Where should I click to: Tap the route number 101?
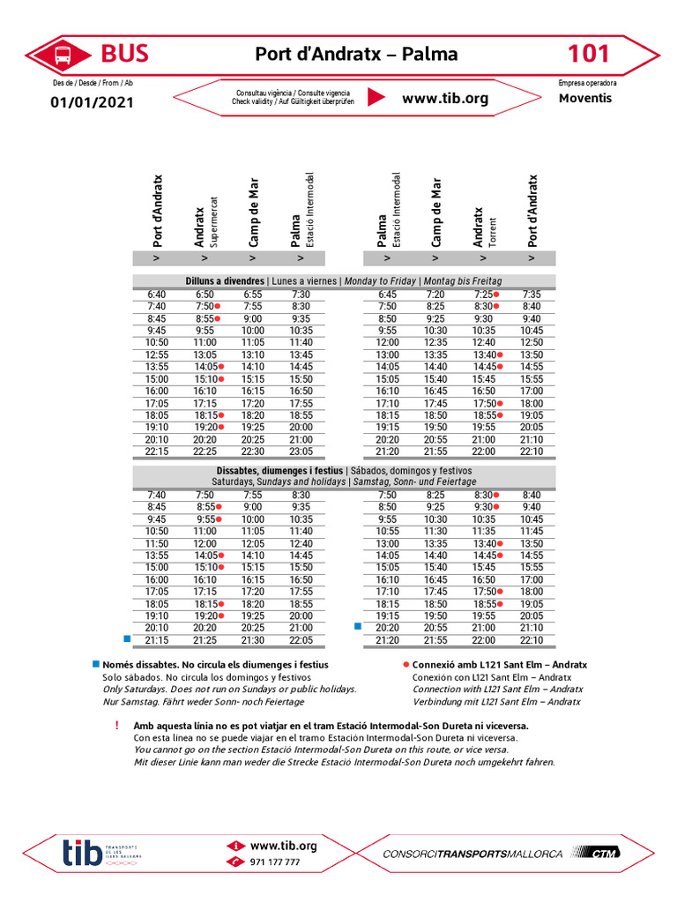[x=588, y=54]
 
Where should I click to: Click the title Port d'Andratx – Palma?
[x=356, y=54]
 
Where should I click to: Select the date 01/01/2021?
[x=92, y=102]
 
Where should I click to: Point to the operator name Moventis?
[x=584, y=98]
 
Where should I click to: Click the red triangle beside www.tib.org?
[x=376, y=98]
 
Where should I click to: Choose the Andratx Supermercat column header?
[x=205, y=220]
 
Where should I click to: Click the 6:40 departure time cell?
[x=156, y=295]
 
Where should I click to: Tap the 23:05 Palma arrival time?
[x=301, y=451]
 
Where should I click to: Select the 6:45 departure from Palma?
[x=387, y=295]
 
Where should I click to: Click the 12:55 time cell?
[x=156, y=354]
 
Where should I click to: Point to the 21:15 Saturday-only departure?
[x=156, y=640]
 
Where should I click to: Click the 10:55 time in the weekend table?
[x=387, y=532]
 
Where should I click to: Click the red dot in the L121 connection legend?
[x=405, y=664]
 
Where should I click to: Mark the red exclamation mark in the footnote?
[x=116, y=725]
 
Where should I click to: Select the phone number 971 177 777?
[x=275, y=862]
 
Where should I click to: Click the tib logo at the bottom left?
[x=81, y=853]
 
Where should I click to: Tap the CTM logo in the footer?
[x=602, y=853]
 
